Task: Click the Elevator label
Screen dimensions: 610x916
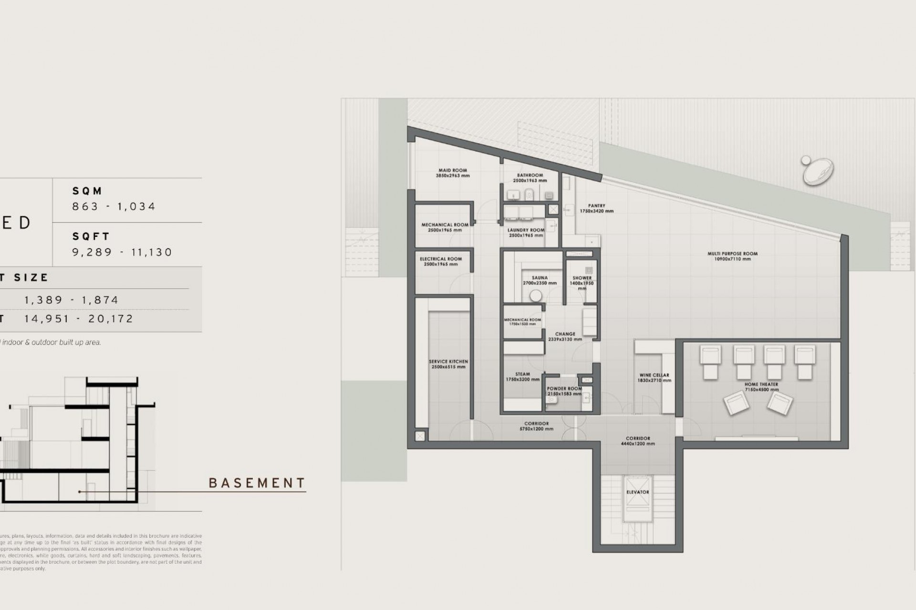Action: [637, 492]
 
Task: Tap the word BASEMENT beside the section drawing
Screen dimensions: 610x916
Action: [257, 483]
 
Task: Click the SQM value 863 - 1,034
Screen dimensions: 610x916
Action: [114, 206]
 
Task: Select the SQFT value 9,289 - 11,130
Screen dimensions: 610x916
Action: [122, 252]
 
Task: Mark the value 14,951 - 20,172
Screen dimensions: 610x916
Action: [79, 319]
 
